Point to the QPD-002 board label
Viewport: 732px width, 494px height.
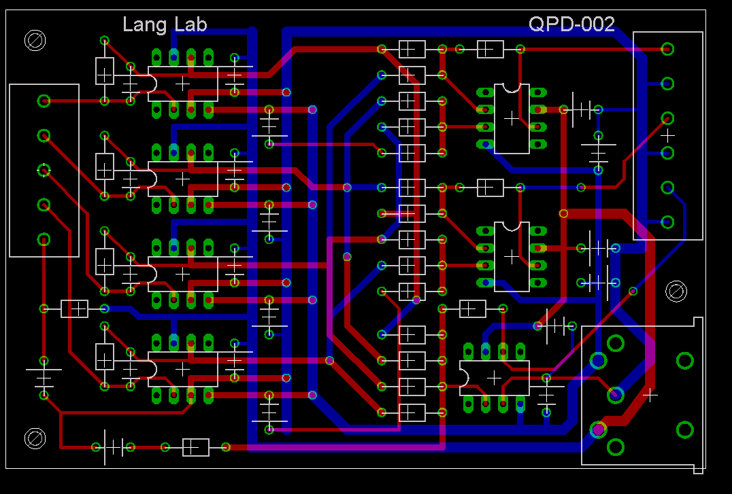coord(571,25)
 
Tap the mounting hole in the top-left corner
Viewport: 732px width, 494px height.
coord(35,41)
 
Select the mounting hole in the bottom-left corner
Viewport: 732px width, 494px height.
coord(35,438)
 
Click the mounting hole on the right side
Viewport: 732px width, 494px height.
coord(676,291)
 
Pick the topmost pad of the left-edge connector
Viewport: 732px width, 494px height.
coord(44,101)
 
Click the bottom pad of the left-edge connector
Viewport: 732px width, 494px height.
coord(44,239)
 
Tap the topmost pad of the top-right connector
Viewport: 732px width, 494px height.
coord(667,48)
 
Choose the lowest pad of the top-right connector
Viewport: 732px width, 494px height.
coord(667,222)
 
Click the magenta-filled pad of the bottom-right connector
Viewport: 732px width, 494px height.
coord(598,429)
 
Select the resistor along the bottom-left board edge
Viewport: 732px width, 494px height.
coord(195,447)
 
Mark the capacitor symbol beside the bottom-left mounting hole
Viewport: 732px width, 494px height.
coord(113,447)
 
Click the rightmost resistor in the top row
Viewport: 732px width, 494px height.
coord(490,49)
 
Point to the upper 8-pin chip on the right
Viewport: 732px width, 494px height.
coord(512,118)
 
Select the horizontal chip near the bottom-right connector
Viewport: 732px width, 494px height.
coord(494,377)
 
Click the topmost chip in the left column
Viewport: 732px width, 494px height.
coord(182,83)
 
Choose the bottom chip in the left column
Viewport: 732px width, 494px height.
coord(182,368)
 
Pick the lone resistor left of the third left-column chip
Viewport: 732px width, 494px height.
coord(74,308)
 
